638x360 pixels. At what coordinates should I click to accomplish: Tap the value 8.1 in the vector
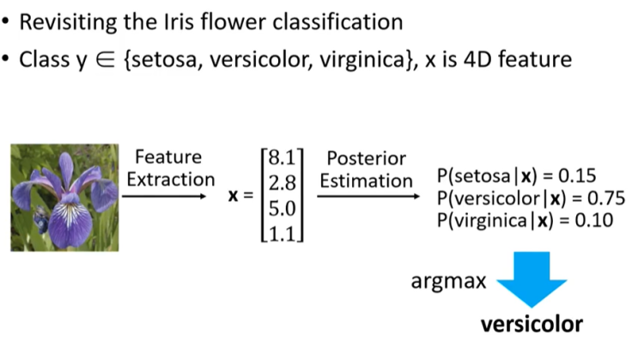[x=282, y=159]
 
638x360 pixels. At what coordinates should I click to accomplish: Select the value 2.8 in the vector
[x=282, y=183]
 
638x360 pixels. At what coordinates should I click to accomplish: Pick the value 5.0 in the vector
[x=282, y=207]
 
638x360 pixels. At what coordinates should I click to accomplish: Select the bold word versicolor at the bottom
[x=532, y=325]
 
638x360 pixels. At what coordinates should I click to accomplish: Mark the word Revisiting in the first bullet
[x=76, y=20]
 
